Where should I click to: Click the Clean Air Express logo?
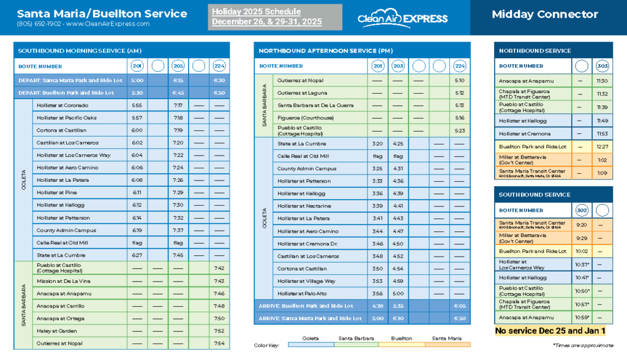coord(404,17)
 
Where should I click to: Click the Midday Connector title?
coord(545,14)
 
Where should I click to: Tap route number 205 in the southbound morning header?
coord(178,66)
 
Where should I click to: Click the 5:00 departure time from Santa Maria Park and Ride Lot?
coord(137,80)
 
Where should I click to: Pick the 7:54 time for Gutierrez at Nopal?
coord(219,343)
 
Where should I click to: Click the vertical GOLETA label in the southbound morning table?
coord(23,180)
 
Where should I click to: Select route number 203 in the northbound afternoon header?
coord(398,66)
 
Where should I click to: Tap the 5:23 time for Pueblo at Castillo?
coord(460,130)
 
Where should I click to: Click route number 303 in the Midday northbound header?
coord(603,66)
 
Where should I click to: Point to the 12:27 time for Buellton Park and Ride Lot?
coord(603,147)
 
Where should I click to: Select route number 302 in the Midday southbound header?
coord(582,210)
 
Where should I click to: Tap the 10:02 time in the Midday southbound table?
coord(582,251)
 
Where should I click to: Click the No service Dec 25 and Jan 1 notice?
coord(550,331)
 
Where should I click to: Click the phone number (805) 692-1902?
coord(38,24)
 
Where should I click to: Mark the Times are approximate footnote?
coord(582,345)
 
